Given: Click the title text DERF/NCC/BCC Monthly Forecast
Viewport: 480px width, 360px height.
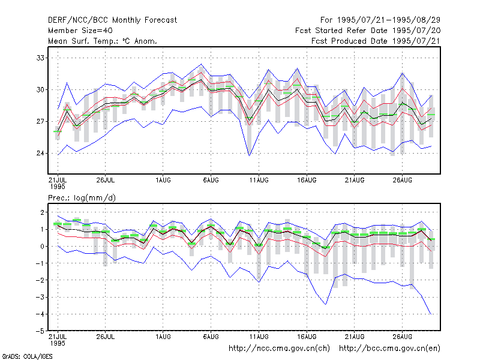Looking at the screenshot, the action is (112, 20).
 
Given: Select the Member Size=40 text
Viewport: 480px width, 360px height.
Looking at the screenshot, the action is (80, 31).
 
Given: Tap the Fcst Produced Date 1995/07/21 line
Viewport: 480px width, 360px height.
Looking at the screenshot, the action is (376, 41).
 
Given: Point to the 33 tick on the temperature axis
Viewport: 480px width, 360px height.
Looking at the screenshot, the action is (40, 58).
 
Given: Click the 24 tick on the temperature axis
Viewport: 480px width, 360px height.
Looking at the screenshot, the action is (40, 153).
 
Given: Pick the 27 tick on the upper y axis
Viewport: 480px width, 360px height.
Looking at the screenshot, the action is (40, 122).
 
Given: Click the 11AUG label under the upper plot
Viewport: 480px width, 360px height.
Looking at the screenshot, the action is (259, 180).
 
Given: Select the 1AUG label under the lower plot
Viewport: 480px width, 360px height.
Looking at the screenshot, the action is (163, 337).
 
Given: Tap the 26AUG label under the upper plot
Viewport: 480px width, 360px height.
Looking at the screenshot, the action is (402, 180).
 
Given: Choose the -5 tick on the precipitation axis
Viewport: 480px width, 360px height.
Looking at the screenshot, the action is (40, 331).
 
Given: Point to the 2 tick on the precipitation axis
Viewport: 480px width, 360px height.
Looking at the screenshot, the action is (42, 212).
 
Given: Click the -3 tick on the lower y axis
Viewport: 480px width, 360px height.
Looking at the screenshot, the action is (40, 297).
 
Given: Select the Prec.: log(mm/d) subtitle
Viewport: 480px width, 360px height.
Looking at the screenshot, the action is (82, 198).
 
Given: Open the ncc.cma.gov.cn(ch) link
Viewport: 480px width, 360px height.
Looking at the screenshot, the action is (279, 349).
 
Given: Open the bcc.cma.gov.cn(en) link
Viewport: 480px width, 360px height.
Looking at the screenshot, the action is (389, 349).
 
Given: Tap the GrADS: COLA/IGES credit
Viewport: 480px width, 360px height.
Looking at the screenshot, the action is (27, 356).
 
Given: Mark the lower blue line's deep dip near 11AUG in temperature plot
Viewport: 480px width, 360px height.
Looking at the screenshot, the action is (249, 155).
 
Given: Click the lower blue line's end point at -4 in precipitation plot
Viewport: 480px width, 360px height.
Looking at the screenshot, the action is (431, 314).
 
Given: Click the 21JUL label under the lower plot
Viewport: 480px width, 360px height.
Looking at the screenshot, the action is (58, 340).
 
